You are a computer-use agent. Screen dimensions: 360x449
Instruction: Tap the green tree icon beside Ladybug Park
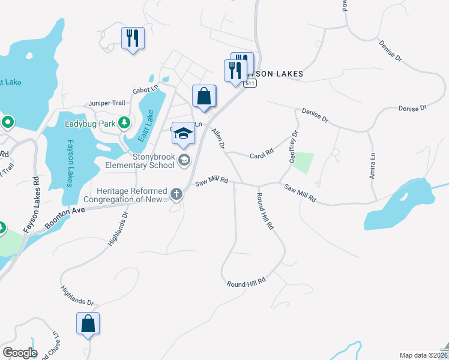click(x=124, y=123)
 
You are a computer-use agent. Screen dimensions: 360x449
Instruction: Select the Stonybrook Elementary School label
click(x=139, y=161)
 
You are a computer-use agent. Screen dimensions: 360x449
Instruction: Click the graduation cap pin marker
click(x=183, y=134)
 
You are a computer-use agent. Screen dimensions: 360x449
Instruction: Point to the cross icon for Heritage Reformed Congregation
click(x=176, y=193)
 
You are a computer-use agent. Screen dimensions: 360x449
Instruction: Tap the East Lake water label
click(x=146, y=125)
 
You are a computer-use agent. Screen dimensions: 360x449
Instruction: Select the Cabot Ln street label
click(x=145, y=89)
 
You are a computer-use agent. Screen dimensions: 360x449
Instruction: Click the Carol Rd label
click(x=261, y=154)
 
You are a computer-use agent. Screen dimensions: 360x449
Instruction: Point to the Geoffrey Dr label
click(x=294, y=148)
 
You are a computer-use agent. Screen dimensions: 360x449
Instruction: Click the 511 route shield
click(x=250, y=83)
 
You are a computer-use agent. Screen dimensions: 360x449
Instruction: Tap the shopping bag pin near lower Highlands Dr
click(x=88, y=323)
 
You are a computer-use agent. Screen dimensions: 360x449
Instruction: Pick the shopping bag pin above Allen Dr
click(x=203, y=96)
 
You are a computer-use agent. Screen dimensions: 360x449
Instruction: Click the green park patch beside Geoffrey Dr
click(x=304, y=163)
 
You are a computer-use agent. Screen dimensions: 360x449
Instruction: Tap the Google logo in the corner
click(x=19, y=353)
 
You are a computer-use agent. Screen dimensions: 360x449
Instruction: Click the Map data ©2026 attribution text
click(x=421, y=355)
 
